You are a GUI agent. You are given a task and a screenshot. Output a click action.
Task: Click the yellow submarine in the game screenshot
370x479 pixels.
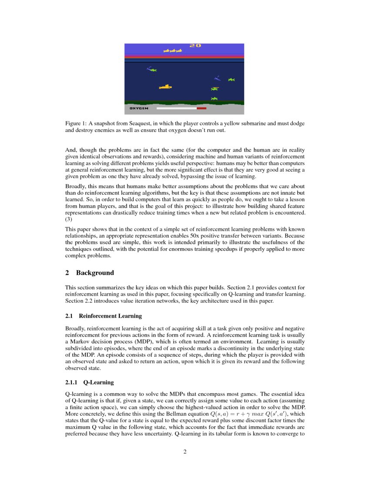tap(165, 87)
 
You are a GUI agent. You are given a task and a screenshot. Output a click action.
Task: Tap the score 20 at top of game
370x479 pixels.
tap(195, 45)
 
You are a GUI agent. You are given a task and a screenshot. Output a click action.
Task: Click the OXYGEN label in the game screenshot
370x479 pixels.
tap(139, 108)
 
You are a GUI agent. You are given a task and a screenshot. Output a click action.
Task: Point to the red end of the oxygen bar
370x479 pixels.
tap(202, 108)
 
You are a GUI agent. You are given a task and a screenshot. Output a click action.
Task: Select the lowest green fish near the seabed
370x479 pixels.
tap(214, 98)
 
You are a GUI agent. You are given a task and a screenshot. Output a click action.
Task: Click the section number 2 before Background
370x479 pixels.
tap(67, 273)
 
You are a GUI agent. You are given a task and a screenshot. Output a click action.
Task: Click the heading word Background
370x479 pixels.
tap(95, 273)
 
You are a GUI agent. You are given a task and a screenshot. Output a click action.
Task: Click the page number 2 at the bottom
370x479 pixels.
tap(185, 452)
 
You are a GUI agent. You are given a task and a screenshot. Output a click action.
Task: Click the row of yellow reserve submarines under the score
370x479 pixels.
tap(173, 51)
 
